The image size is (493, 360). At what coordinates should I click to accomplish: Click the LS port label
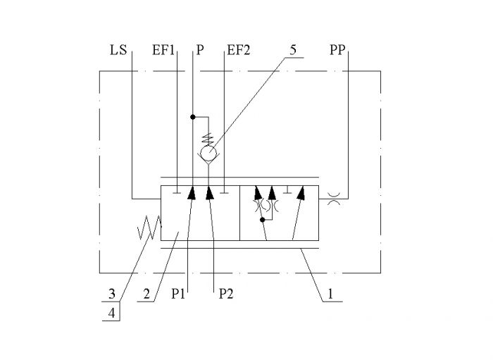118,50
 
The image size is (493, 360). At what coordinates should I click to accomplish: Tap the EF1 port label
163,50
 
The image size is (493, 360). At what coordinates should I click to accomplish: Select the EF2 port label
239,50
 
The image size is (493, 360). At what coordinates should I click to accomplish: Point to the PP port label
337,50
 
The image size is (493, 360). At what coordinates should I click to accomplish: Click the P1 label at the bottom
178,294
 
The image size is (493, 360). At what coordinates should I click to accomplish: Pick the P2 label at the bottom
226,294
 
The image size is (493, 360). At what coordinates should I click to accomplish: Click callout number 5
293,50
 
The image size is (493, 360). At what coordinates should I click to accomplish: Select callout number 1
330,294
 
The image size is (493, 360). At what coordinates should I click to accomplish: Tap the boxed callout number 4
111,313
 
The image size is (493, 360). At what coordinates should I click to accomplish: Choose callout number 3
112,294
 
